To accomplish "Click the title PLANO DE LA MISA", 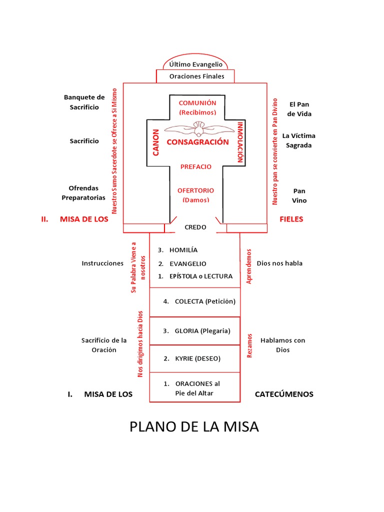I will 194,427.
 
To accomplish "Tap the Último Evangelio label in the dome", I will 195,64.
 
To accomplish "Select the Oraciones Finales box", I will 195,76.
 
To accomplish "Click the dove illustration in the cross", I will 199,128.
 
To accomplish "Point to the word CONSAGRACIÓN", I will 197,142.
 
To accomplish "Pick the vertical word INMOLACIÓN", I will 240,142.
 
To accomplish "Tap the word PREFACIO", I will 196,166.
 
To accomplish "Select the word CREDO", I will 195,227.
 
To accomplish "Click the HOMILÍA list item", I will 183,250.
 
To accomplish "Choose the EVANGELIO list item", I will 187,263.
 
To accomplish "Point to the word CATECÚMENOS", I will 284,394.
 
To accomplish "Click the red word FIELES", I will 291,219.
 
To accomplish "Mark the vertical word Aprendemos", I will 249,266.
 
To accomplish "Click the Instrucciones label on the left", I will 102,263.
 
